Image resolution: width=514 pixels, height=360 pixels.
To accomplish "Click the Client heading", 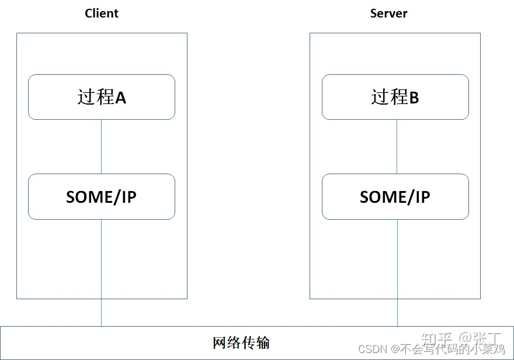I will point(102,13).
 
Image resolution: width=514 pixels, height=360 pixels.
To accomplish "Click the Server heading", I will point(388,13).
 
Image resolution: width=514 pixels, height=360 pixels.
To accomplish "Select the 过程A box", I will point(102,97).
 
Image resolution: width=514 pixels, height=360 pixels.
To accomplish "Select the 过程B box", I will point(395,97).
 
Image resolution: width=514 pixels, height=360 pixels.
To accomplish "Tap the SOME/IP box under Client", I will point(102,196).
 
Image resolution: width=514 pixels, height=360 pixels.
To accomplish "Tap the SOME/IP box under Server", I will point(395,196).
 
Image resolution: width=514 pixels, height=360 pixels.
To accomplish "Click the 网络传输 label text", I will point(241,342).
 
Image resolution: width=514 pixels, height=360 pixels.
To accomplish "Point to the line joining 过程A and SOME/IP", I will point(102,147).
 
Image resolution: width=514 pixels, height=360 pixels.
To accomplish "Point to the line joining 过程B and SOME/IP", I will point(398,147).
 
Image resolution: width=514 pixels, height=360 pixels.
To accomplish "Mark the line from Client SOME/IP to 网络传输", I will point(102,272).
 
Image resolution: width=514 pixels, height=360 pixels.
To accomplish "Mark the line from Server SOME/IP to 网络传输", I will point(398,272).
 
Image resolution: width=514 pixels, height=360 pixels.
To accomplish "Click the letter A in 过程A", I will point(120,98).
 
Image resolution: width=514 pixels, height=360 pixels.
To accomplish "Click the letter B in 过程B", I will point(414,98).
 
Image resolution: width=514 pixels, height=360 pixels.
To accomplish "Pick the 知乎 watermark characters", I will point(436,338).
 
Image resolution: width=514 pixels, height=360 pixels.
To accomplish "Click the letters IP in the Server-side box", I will point(421,197).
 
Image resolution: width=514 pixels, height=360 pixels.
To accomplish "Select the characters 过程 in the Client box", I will point(96,97).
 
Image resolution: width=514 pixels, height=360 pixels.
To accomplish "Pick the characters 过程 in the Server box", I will point(389,97).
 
